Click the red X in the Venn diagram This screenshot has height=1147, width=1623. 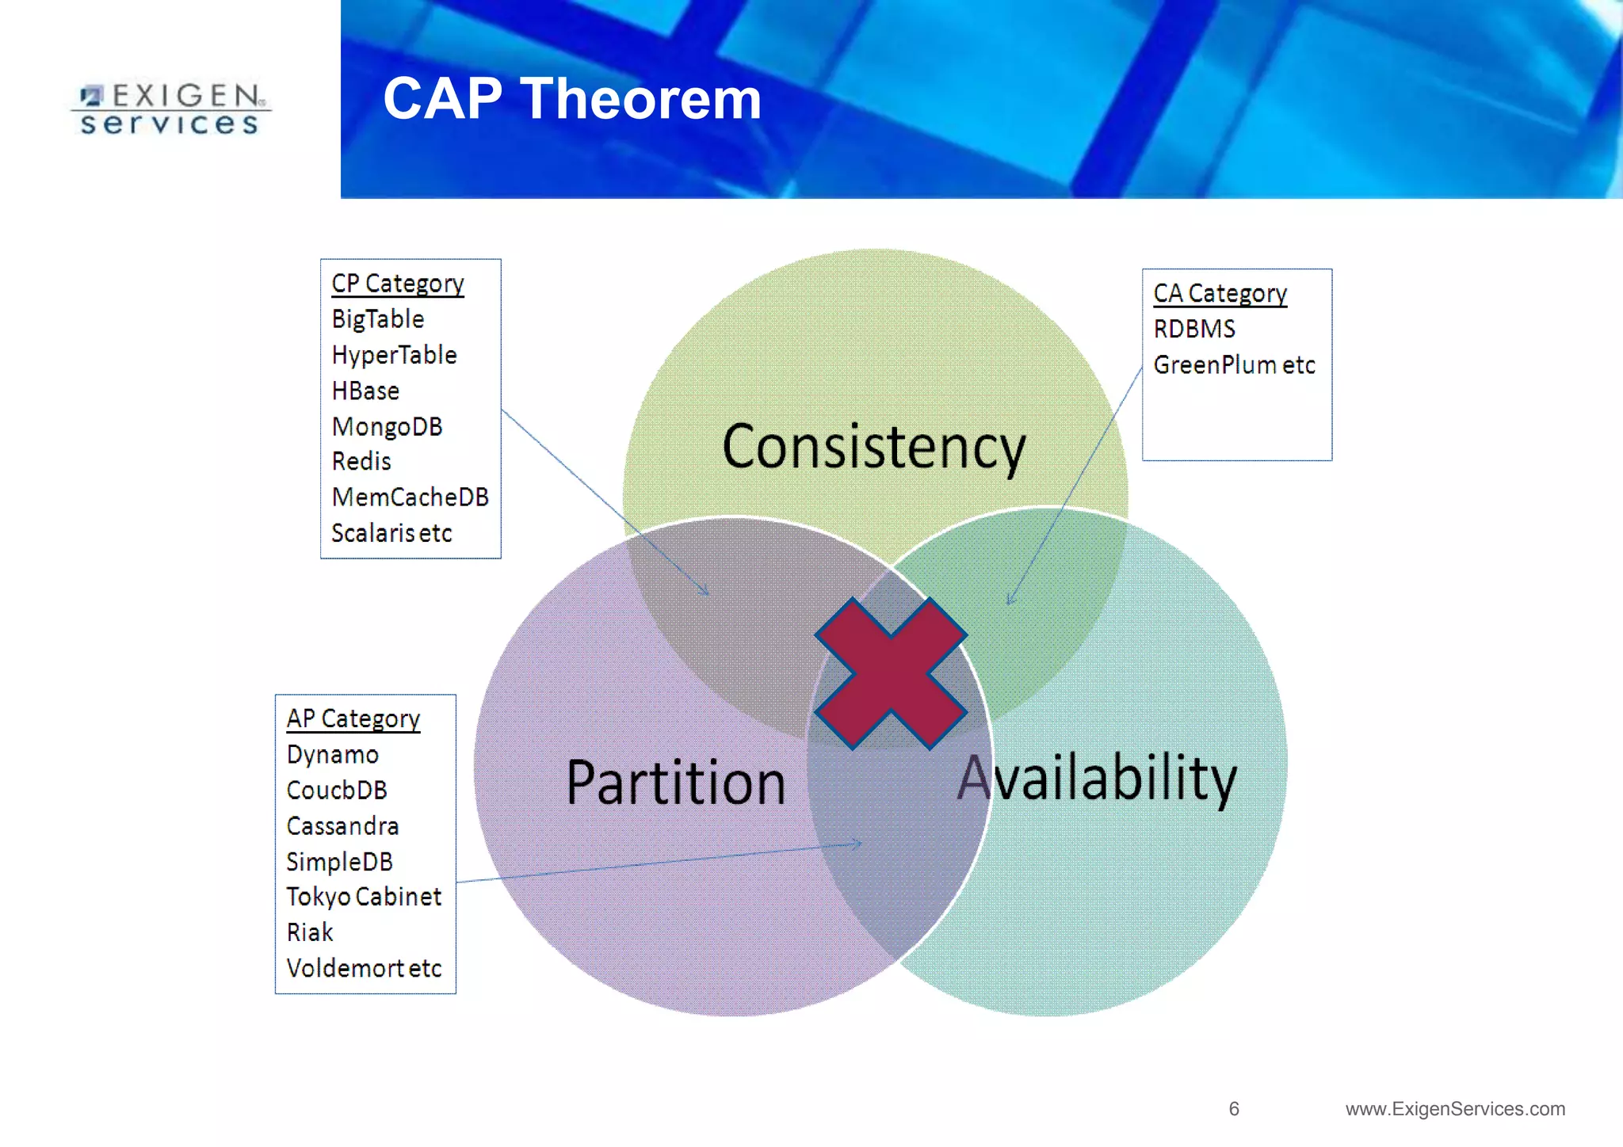point(891,673)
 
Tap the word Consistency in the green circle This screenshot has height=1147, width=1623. point(873,448)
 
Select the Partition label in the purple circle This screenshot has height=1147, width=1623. point(675,783)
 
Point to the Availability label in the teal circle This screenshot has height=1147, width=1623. point(1097,778)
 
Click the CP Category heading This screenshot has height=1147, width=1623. point(397,284)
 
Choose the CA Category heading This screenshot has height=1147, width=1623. point(1220,294)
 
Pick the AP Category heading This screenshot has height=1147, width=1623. point(353,718)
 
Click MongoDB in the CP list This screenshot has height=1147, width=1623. point(387,427)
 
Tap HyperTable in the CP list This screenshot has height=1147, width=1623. point(394,355)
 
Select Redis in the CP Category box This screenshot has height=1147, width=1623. point(361,461)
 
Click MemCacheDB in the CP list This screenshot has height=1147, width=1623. point(410,497)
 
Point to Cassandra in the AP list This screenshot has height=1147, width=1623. point(342,826)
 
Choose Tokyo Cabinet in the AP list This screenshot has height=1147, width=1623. point(364,897)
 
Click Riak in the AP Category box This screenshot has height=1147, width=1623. point(310,932)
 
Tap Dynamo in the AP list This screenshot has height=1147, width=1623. point(333,754)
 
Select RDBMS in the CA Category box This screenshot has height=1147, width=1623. point(1194,329)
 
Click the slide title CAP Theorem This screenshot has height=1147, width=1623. point(572,99)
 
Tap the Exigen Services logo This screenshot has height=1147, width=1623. point(170,109)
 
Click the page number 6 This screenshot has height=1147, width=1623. point(1234,1109)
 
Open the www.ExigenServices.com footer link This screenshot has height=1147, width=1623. point(1455,1109)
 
